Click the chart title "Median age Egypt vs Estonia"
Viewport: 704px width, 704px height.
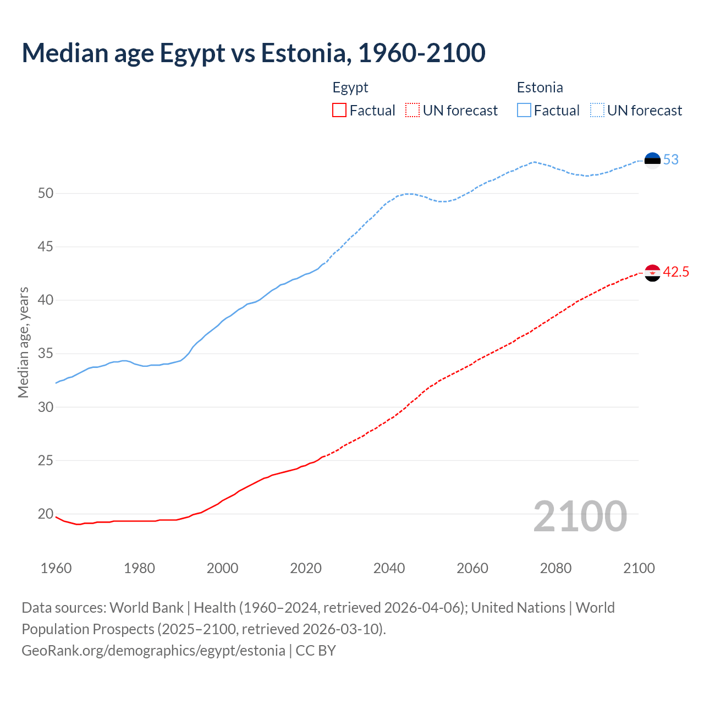(253, 53)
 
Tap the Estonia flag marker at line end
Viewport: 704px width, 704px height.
(652, 160)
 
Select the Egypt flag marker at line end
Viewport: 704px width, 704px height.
(652, 272)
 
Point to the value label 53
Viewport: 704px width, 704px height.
(671, 160)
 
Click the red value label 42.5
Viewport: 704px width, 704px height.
(676, 272)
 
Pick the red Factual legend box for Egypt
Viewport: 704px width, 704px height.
(339, 111)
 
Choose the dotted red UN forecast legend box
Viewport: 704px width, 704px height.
(413, 111)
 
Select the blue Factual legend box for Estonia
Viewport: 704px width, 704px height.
(524, 111)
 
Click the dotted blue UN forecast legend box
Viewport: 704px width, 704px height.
(597, 111)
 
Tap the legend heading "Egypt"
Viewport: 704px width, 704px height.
(350, 87)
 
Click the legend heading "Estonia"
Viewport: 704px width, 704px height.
(540, 87)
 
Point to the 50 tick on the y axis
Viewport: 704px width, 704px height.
(46, 193)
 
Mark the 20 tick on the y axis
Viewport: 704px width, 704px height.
(46, 514)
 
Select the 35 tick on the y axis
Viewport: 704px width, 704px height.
(46, 354)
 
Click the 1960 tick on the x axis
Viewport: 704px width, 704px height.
(56, 568)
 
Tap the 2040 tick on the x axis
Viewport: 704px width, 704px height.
(389, 568)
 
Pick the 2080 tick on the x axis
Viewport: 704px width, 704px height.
(555, 568)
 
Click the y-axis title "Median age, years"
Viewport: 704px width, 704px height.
(23, 342)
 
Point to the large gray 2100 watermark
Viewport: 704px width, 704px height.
(580, 516)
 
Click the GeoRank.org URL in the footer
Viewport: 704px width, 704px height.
(153, 651)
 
